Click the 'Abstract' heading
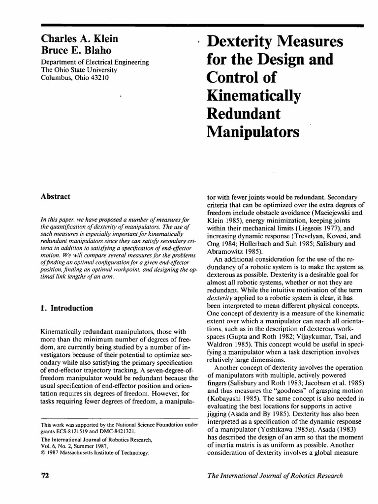click(55, 196)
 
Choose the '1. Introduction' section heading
click(66, 308)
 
